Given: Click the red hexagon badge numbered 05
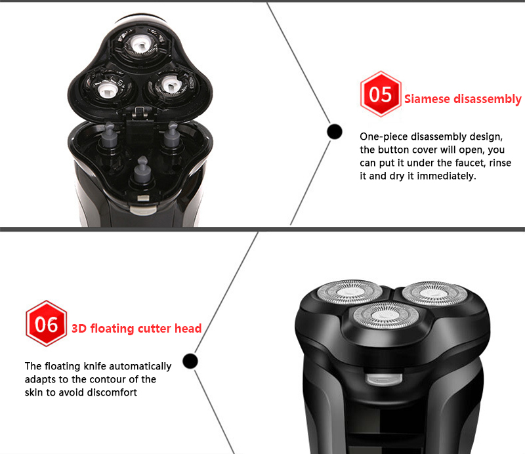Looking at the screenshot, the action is tap(381, 94).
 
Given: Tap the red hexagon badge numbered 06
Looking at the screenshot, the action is tap(46, 323).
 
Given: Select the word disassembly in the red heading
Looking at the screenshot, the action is tap(488, 99).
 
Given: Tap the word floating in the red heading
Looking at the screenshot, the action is tap(112, 329).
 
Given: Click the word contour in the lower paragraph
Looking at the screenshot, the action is tap(106, 379).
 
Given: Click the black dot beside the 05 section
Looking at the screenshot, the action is tap(335, 131).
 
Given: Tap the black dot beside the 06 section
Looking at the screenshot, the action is tap(190, 361).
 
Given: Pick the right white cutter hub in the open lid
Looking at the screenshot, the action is tap(170, 84).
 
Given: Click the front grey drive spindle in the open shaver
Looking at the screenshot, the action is tap(142, 169).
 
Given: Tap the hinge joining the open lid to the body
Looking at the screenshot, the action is tap(140, 112).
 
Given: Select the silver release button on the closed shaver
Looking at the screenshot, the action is tap(384, 379).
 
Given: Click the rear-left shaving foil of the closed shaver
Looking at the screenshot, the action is tap(350, 291).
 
